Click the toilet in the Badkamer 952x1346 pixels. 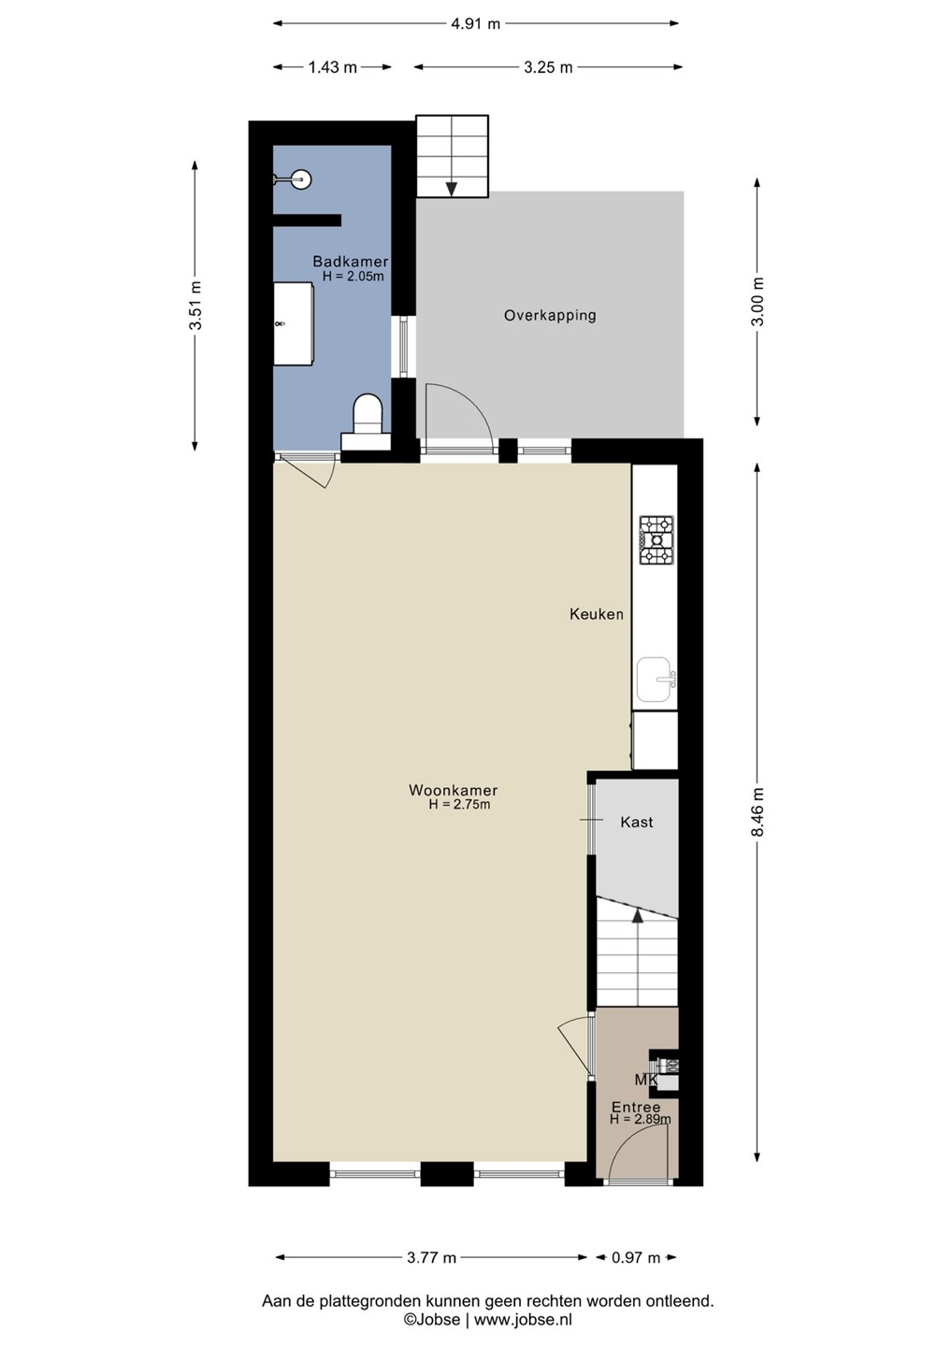(367, 422)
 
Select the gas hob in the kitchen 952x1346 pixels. (656, 540)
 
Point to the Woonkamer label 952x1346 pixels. (454, 790)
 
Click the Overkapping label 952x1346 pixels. (550, 316)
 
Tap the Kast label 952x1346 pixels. (637, 822)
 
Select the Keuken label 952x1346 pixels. (597, 614)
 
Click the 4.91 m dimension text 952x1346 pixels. (475, 24)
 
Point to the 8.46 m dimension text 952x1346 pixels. (757, 811)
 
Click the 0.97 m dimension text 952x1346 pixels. (636, 1257)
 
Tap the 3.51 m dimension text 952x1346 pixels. (195, 306)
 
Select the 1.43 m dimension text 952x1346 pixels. (332, 67)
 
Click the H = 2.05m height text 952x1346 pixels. (353, 277)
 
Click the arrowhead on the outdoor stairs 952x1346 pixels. (452, 189)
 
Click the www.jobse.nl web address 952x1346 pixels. (523, 1320)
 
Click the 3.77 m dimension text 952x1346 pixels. (431, 1257)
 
